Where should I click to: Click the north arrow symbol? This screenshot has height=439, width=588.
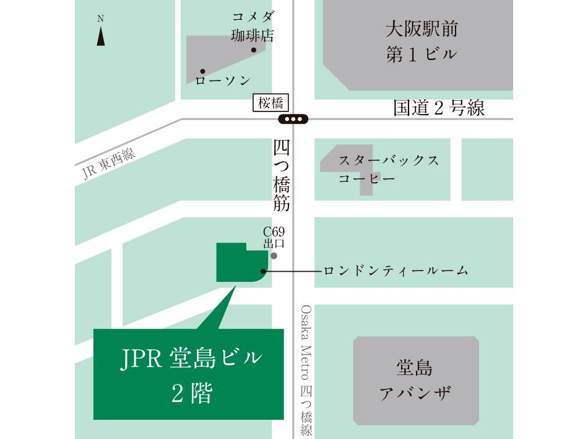(x=100, y=36)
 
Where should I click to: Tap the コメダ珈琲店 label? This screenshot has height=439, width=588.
(x=252, y=25)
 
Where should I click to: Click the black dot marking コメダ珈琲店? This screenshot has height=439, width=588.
(x=253, y=50)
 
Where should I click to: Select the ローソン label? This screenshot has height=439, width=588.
(x=223, y=80)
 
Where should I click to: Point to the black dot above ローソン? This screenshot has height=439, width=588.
(x=202, y=71)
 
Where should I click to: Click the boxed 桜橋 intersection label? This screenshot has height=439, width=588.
(x=271, y=103)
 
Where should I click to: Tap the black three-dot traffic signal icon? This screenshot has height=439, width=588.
(x=293, y=119)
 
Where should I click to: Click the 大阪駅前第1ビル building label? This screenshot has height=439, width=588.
(x=421, y=41)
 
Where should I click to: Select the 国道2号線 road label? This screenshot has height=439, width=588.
(x=439, y=108)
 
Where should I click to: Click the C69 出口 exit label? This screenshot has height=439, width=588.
(x=274, y=238)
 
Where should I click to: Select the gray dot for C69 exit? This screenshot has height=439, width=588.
(x=274, y=255)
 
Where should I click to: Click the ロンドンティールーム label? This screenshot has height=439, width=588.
(x=396, y=271)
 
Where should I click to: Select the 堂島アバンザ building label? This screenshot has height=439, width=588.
(x=415, y=380)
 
